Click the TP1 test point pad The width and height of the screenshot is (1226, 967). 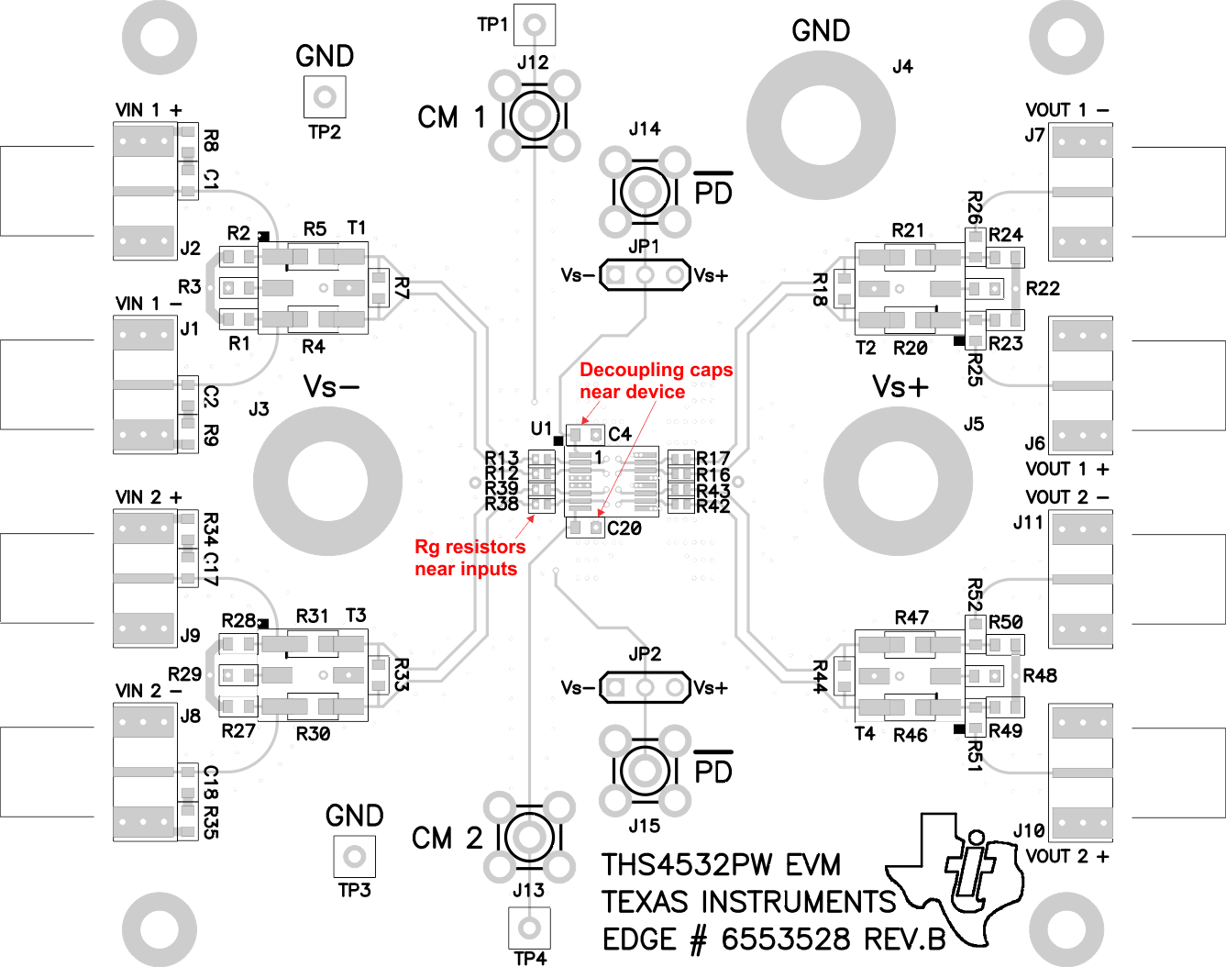pos(535,25)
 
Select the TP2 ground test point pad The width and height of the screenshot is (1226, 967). pos(325,96)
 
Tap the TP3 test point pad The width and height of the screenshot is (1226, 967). pos(354,857)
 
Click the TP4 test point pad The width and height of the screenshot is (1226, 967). pos(529,928)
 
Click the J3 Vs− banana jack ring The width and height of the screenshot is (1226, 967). pos(327,481)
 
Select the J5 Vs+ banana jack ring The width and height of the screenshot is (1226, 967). pos(899,481)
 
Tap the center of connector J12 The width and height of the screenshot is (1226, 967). pos(535,116)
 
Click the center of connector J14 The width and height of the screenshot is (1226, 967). pos(646,193)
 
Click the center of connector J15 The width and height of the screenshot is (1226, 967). pos(646,771)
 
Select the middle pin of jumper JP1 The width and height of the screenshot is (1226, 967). pos(646,274)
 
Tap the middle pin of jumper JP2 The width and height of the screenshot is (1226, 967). pos(646,687)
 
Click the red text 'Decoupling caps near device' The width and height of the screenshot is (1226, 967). pos(656,381)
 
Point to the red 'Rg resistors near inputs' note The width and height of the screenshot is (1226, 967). pos(469,558)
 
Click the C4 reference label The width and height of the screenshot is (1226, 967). pos(620,434)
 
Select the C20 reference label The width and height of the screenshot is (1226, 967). pos(624,528)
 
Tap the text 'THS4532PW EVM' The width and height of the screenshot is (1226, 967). pos(721,865)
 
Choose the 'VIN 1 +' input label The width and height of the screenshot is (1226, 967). pos(149,110)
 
